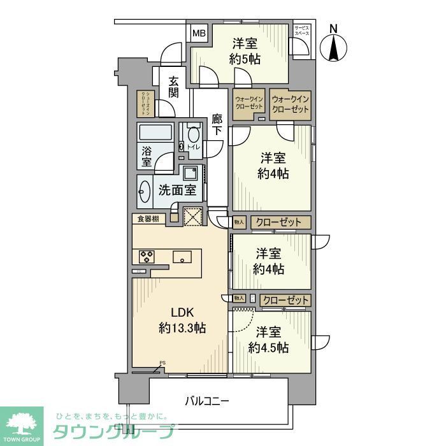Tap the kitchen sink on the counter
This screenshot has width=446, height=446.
(183, 257)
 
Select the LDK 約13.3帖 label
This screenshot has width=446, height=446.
(182, 320)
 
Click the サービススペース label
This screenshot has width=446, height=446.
(301, 31)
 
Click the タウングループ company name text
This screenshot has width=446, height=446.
(112, 431)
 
